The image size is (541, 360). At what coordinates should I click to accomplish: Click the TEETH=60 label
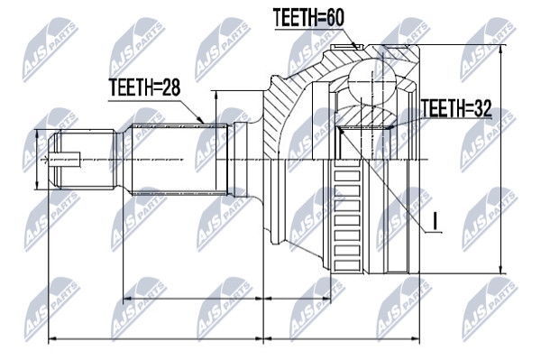pos(308,18)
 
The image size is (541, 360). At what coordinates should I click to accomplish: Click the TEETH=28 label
pos(144,88)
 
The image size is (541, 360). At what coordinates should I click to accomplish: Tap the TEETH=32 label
pos(456,108)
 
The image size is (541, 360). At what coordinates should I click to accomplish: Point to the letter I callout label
pos(436,221)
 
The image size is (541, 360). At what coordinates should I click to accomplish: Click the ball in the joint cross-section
pos(371,79)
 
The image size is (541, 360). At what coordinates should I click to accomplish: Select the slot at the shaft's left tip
pos(65,160)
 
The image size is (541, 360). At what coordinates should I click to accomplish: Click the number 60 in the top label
pos(334,18)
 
